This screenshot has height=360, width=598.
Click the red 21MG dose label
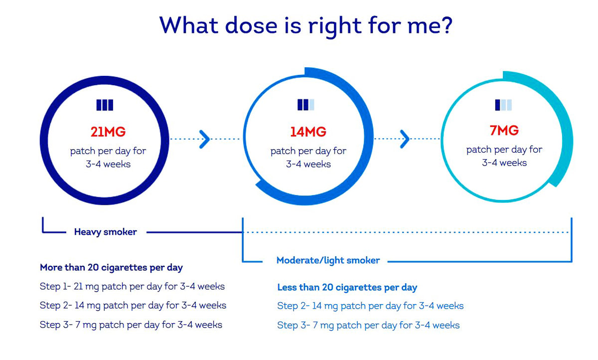coord(108,132)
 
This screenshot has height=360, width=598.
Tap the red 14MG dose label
coord(308,132)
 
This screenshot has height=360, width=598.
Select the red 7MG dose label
coord(504,130)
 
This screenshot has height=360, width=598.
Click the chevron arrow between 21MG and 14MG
coord(205,139)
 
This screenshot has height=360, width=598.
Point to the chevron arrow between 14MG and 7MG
coord(405,139)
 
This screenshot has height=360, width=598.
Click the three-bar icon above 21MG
coord(105,105)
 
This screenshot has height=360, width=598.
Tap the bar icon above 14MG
coord(305,105)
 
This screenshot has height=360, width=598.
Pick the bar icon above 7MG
coord(503,105)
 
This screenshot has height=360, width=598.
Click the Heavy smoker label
coord(106,232)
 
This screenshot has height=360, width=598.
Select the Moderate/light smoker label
coord(328,260)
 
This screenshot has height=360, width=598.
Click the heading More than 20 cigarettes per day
coord(111,268)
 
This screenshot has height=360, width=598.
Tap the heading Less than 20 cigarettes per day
coord(347,288)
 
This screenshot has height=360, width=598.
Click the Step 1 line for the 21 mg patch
coord(132,287)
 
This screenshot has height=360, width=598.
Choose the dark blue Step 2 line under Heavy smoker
coord(133,306)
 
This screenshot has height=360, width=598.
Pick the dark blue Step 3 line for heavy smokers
coord(131,325)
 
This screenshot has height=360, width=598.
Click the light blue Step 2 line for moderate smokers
coord(370,306)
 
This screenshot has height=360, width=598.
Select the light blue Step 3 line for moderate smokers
coord(368,326)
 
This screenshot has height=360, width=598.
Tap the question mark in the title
coord(446,25)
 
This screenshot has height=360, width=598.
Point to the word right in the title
coord(335,27)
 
